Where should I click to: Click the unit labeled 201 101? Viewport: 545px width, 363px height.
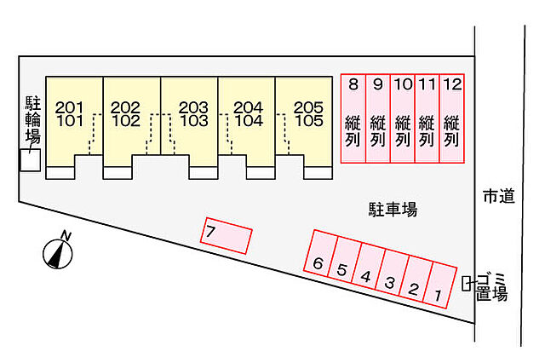72,115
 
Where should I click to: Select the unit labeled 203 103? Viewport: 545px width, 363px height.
192,115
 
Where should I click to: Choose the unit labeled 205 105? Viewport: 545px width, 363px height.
307,115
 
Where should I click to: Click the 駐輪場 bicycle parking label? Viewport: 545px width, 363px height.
32,121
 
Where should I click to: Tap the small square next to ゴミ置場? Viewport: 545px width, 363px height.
466,283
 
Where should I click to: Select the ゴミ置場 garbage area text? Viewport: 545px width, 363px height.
490,286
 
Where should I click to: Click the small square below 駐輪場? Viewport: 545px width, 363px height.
30,159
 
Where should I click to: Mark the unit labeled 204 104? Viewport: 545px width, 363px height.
249,115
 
